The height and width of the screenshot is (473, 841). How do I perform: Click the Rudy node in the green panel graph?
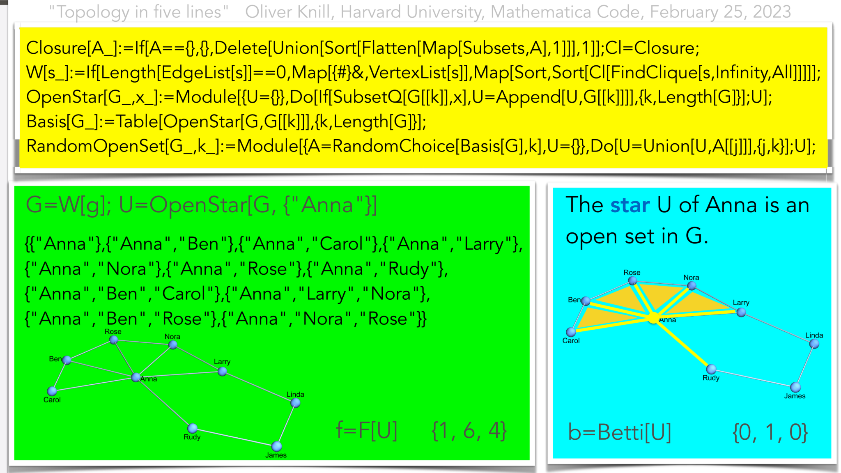tap(192, 429)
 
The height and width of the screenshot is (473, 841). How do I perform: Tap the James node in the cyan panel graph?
tap(795, 387)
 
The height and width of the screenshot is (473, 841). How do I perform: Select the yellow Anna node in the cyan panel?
tap(653, 318)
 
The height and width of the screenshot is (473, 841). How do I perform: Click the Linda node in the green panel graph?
tap(295, 403)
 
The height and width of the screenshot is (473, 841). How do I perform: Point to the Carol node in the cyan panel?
tap(571, 332)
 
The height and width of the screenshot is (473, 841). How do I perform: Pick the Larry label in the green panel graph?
tap(222, 362)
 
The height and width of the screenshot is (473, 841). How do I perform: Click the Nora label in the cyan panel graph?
tap(691, 278)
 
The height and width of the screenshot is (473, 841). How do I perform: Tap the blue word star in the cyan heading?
tap(630, 205)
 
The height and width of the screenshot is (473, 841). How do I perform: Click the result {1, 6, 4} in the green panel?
tap(469, 431)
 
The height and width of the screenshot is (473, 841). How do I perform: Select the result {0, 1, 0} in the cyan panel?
tap(770, 432)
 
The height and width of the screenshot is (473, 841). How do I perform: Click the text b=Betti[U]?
tap(620, 432)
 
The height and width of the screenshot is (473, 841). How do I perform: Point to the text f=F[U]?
tap(367, 431)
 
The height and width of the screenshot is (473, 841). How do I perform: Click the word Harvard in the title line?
tap(371, 12)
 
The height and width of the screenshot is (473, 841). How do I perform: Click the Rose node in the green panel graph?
tap(114, 340)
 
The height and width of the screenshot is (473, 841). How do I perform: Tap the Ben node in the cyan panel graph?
tap(586, 301)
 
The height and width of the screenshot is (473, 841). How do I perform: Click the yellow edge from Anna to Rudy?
tap(682, 342)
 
